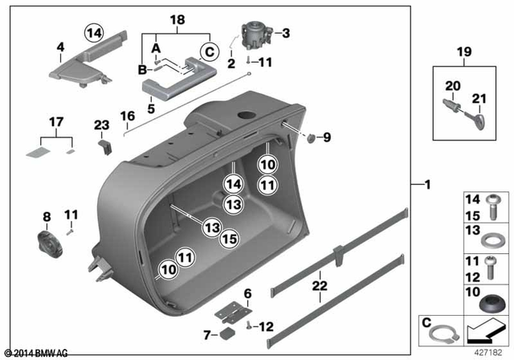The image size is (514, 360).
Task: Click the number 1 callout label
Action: click(427, 186)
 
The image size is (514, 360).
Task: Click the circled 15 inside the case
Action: click(229, 239)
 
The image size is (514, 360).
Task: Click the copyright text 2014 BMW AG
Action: click(37, 352)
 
